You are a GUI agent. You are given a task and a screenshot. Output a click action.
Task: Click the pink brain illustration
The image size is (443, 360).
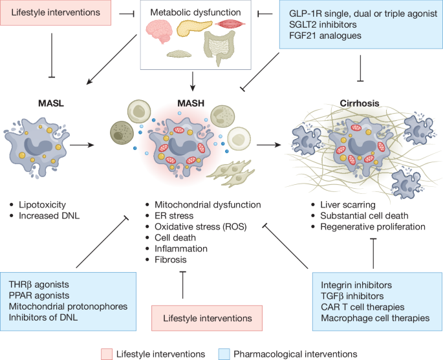point(159,31)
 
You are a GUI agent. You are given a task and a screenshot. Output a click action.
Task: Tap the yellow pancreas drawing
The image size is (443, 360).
point(194,28)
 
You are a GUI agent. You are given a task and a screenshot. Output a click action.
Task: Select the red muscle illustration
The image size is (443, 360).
point(230,24)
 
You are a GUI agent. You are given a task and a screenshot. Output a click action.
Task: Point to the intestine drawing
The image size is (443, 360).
point(219,47)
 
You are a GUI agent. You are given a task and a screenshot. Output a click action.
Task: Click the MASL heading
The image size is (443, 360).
point(51,103)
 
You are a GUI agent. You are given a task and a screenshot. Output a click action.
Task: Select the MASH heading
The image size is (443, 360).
point(191,103)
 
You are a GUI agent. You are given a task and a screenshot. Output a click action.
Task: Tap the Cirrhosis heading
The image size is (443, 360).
point(360,103)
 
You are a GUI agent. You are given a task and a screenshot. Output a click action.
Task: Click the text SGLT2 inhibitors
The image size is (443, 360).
point(323,25)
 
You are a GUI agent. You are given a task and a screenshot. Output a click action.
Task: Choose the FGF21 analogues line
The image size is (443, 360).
point(325,36)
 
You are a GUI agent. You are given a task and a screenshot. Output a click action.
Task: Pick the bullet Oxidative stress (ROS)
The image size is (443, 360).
point(200,227)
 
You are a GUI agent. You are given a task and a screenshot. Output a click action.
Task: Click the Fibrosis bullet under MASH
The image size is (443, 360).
point(170,260)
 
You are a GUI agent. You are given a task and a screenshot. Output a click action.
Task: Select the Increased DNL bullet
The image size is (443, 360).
point(49,216)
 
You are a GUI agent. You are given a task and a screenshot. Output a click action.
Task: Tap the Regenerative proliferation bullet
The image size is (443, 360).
point(373,227)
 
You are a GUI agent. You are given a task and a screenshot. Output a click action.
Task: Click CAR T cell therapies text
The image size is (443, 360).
point(362,307)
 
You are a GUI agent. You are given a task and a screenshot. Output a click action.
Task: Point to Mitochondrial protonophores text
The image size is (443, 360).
point(68,306)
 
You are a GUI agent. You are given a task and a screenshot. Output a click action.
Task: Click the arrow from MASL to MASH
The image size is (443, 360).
point(82,145)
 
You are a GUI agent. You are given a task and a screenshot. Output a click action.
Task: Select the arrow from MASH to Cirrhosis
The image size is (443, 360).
point(268,145)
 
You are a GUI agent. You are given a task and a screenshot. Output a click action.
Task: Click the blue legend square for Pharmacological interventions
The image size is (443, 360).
point(224,354)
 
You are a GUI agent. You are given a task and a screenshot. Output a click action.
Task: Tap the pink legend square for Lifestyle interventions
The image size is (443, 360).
point(107,354)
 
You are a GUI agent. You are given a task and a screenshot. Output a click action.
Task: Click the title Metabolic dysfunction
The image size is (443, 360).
point(195,12)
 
